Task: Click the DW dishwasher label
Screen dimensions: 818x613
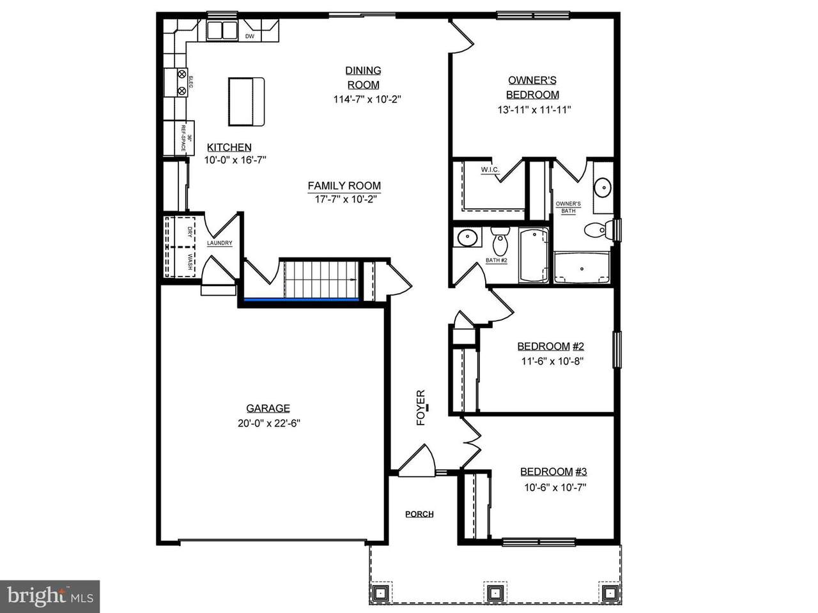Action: tap(249, 36)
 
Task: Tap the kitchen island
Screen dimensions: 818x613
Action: tap(246, 102)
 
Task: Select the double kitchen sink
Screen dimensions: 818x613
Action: tap(222, 31)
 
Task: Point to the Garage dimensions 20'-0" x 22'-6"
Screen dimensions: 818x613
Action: tap(268, 423)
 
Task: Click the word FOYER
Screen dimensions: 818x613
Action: tap(421, 407)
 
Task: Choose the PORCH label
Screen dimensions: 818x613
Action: tap(419, 514)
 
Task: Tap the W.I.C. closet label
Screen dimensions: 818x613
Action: tap(490, 170)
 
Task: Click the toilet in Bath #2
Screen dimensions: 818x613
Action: tap(499, 241)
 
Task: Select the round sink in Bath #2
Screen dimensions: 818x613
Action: tap(467, 238)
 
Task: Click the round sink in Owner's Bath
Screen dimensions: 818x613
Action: tap(602, 187)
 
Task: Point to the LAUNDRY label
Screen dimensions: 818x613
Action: tap(219, 243)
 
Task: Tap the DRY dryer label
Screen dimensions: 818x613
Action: tap(190, 232)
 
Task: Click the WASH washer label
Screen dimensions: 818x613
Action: tap(190, 262)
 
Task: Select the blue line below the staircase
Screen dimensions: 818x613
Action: tap(301, 299)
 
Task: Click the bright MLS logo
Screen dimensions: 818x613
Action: tap(50, 596)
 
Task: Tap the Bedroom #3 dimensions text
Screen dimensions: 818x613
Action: tap(555, 488)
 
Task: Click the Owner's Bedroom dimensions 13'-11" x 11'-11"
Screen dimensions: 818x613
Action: tap(534, 110)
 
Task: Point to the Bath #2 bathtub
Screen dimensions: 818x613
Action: tap(534, 255)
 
